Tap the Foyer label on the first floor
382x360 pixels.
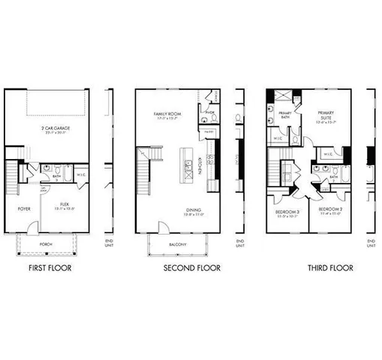click(24, 209)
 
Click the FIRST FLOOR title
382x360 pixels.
click(50, 268)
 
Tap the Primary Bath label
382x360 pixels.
click(275, 114)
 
